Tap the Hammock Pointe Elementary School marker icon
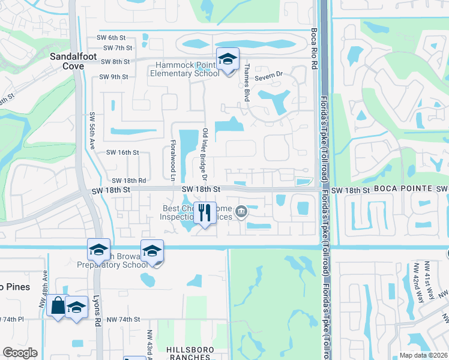pos(228,59)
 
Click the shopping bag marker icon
pos(58,306)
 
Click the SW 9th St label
pos(115,76)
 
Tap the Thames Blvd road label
pos(246,83)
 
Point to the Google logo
pos(20,353)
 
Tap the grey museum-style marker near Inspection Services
pos(241,211)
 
